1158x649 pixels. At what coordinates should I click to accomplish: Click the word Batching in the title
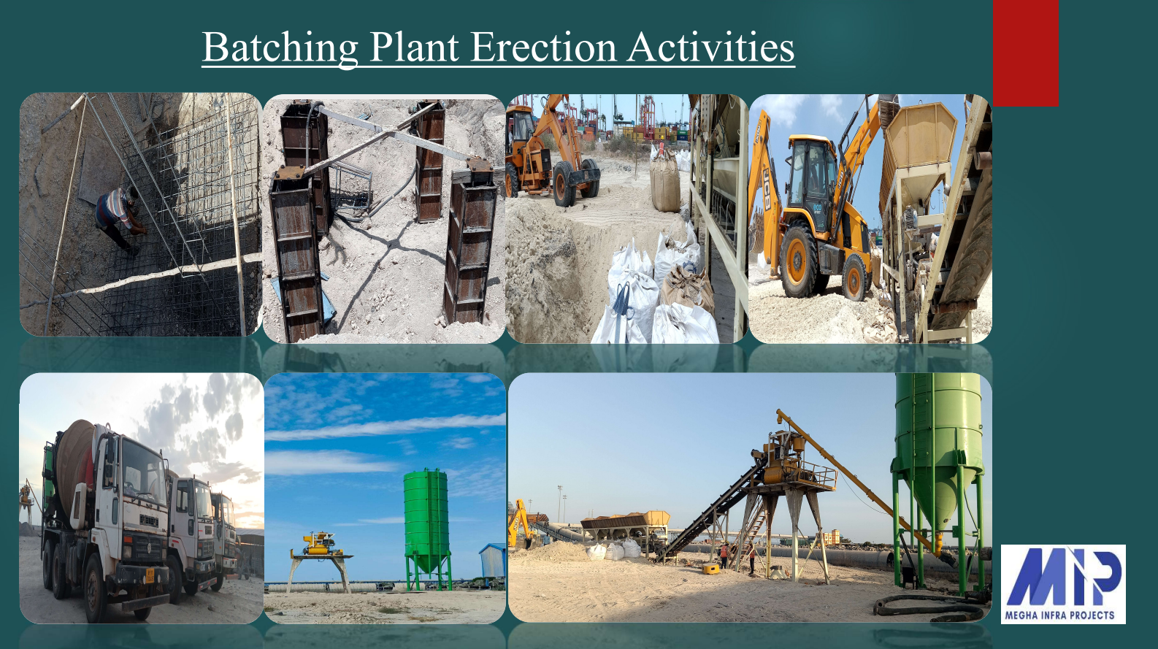tap(280, 47)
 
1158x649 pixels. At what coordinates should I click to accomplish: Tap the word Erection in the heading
tap(544, 47)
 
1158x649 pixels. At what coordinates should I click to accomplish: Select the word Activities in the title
tap(711, 47)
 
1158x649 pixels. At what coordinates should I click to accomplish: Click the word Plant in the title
tap(414, 47)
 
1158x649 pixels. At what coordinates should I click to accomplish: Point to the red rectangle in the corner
tap(1026, 53)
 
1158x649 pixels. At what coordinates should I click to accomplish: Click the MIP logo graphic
tap(1063, 577)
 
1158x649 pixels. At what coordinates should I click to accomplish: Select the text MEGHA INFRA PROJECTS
tap(1059, 615)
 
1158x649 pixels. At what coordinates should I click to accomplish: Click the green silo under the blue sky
tap(426, 528)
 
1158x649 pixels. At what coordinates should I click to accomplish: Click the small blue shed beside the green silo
tap(492, 561)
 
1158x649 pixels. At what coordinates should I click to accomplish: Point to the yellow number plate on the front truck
tap(150, 575)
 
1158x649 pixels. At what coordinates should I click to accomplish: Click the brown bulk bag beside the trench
tap(665, 183)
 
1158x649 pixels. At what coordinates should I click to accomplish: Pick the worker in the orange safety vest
tap(725, 555)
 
